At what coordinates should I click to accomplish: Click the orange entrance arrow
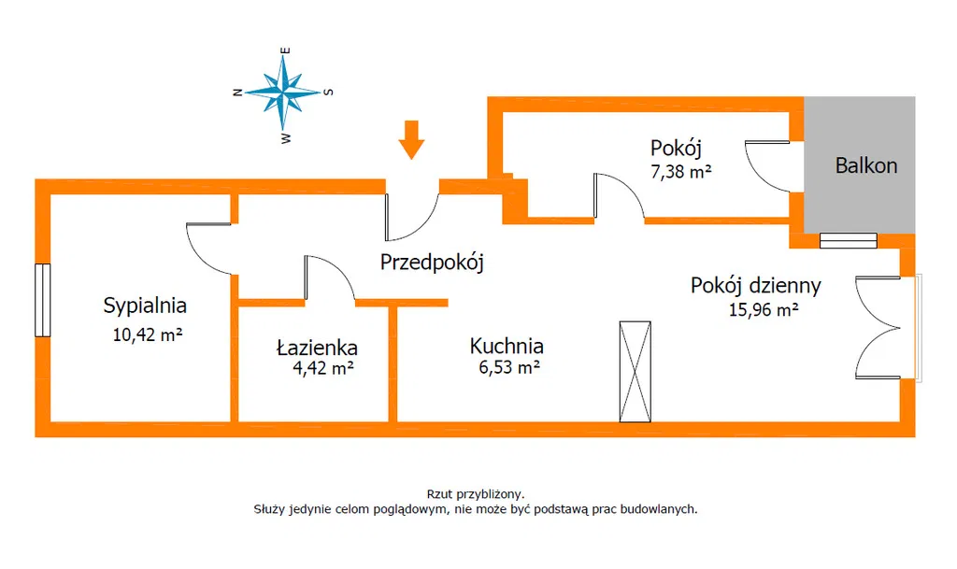[411, 139]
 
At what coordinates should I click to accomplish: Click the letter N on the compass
[238, 92]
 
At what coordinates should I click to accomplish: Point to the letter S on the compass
[328, 92]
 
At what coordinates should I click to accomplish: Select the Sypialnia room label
[145, 306]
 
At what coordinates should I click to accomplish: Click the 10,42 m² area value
[148, 334]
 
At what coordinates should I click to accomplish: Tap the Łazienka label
[317, 347]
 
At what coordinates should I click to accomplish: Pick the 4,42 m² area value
[323, 368]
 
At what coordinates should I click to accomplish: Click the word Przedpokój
[432, 263]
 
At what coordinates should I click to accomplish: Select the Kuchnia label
[507, 346]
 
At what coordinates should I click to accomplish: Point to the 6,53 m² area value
[509, 367]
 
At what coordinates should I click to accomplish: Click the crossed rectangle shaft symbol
[635, 372]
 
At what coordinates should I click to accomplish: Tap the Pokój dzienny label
[755, 285]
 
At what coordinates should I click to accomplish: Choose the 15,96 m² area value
[764, 310]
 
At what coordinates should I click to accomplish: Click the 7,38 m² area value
[681, 172]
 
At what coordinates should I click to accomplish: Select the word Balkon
[866, 165]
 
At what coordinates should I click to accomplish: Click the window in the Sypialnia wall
[42, 300]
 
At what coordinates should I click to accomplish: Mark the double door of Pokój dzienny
[878, 328]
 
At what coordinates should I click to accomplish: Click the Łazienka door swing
[330, 277]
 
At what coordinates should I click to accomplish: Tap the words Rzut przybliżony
[476, 494]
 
